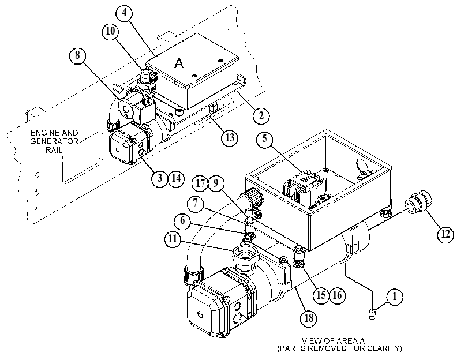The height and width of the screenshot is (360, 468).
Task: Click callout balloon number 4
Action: [125, 13]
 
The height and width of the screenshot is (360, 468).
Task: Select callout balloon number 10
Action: [110, 31]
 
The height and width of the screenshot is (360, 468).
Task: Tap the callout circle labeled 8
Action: [77, 56]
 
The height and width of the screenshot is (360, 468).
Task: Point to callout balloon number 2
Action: [261, 115]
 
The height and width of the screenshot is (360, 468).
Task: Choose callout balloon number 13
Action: [230, 138]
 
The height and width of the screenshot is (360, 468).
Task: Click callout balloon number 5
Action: [265, 139]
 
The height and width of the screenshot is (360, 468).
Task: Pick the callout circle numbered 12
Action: [445, 234]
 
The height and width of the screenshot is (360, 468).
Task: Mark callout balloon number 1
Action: [395, 297]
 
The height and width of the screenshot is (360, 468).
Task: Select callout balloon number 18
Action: [309, 318]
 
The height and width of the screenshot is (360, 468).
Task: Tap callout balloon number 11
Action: [173, 239]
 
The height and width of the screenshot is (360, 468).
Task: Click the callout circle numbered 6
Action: [182, 221]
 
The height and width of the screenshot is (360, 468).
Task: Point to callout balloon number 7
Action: [196, 204]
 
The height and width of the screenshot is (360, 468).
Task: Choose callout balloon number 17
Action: [200, 183]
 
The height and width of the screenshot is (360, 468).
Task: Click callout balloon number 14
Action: [176, 178]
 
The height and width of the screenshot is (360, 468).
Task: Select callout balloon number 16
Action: [337, 295]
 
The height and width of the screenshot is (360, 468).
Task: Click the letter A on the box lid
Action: [179, 63]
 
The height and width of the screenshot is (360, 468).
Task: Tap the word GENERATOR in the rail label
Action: [54, 141]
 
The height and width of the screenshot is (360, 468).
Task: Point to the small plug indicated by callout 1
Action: [372, 314]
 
